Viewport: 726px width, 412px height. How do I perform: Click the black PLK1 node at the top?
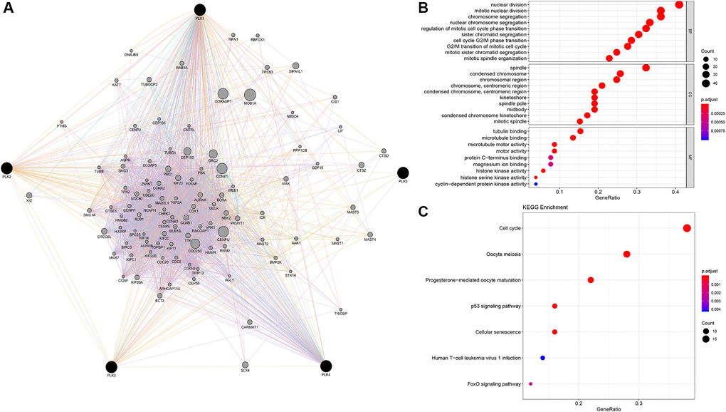(x=200, y=10)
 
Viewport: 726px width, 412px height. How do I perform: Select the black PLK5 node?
(x=403, y=172)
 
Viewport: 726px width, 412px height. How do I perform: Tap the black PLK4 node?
(x=325, y=366)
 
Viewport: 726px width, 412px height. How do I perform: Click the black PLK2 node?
(x=7, y=168)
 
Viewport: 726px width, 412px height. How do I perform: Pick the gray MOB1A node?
(x=249, y=95)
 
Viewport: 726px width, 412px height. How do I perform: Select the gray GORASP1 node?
(x=223, y=94)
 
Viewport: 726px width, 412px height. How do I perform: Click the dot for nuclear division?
(x=679, y=5)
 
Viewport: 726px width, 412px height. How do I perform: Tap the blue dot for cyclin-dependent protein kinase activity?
(x=536, y=184)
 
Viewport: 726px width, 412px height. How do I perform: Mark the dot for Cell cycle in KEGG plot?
(x=687, y=228)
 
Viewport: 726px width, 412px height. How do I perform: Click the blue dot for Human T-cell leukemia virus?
(x=542, y=358)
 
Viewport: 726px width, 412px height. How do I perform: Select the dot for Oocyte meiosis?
(x=627, y=254)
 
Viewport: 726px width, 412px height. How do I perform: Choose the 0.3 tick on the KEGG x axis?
(x=639, y=403)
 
